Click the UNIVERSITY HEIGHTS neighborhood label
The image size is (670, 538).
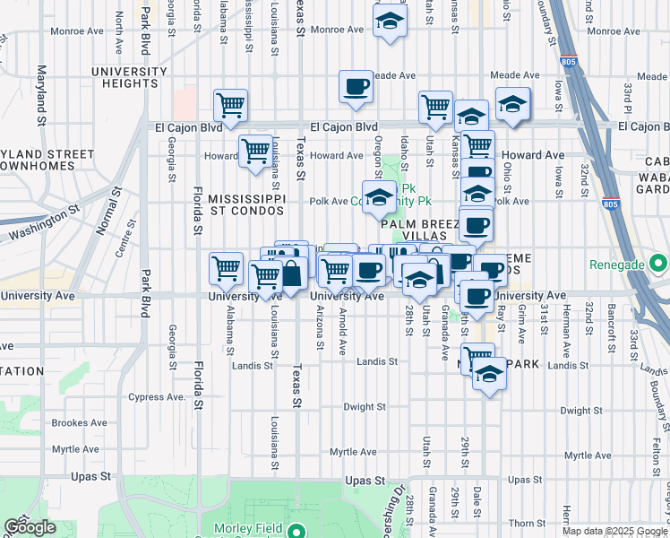(131, 76)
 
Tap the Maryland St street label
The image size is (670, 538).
(41, 94)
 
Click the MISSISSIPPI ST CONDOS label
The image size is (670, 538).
(246, 204)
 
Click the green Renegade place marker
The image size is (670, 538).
(659, 265)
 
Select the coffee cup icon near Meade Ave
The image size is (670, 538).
(356, 87)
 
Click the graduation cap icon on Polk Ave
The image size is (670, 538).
(379, 197)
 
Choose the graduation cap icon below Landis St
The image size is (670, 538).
(489, 374)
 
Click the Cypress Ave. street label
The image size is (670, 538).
(158, 396)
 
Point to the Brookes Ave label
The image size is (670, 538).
(80, 422)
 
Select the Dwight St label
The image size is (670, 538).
(364, 406)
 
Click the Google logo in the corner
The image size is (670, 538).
(30, 526)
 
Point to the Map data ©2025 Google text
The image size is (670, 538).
(614, 532)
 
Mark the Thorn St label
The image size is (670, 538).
(520, 522)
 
